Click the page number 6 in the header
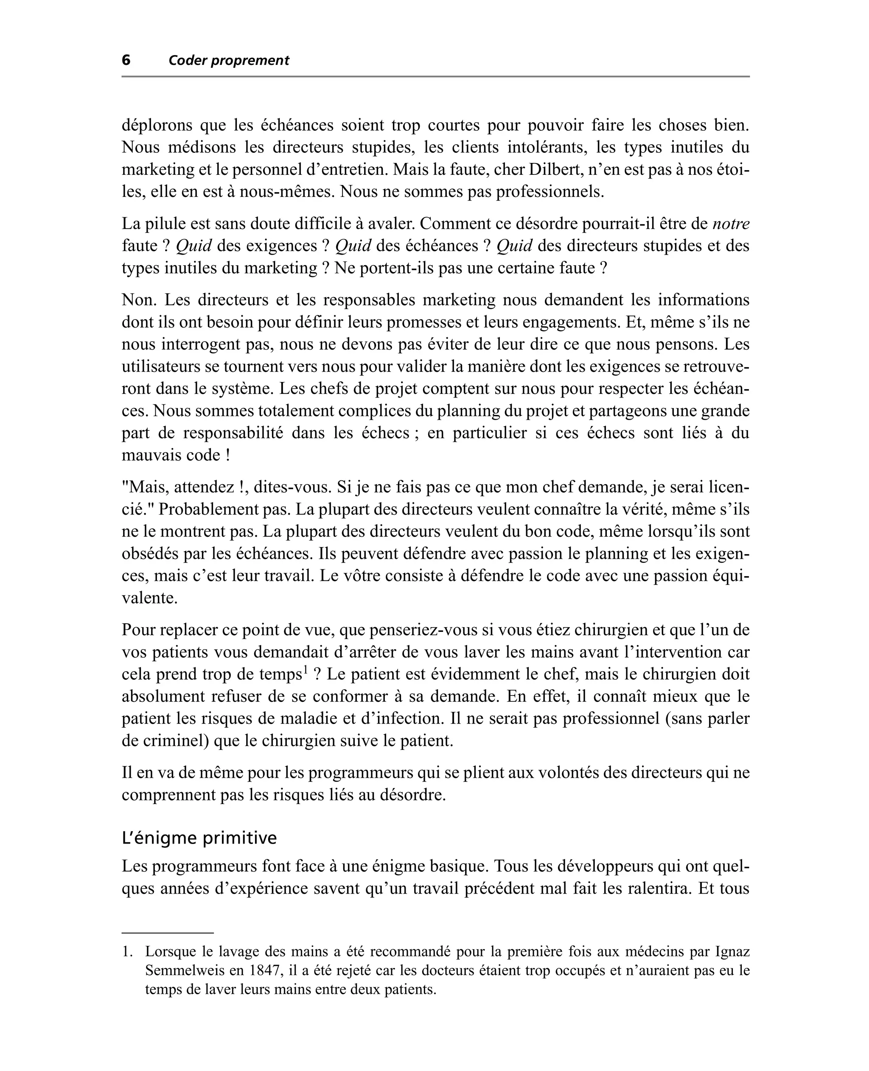(x=126, y=60)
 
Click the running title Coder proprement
(x=229, y=61)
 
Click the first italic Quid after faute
(x=194, y=246)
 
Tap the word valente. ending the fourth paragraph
(x=150, y=598)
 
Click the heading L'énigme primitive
(x=199, y=838)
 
